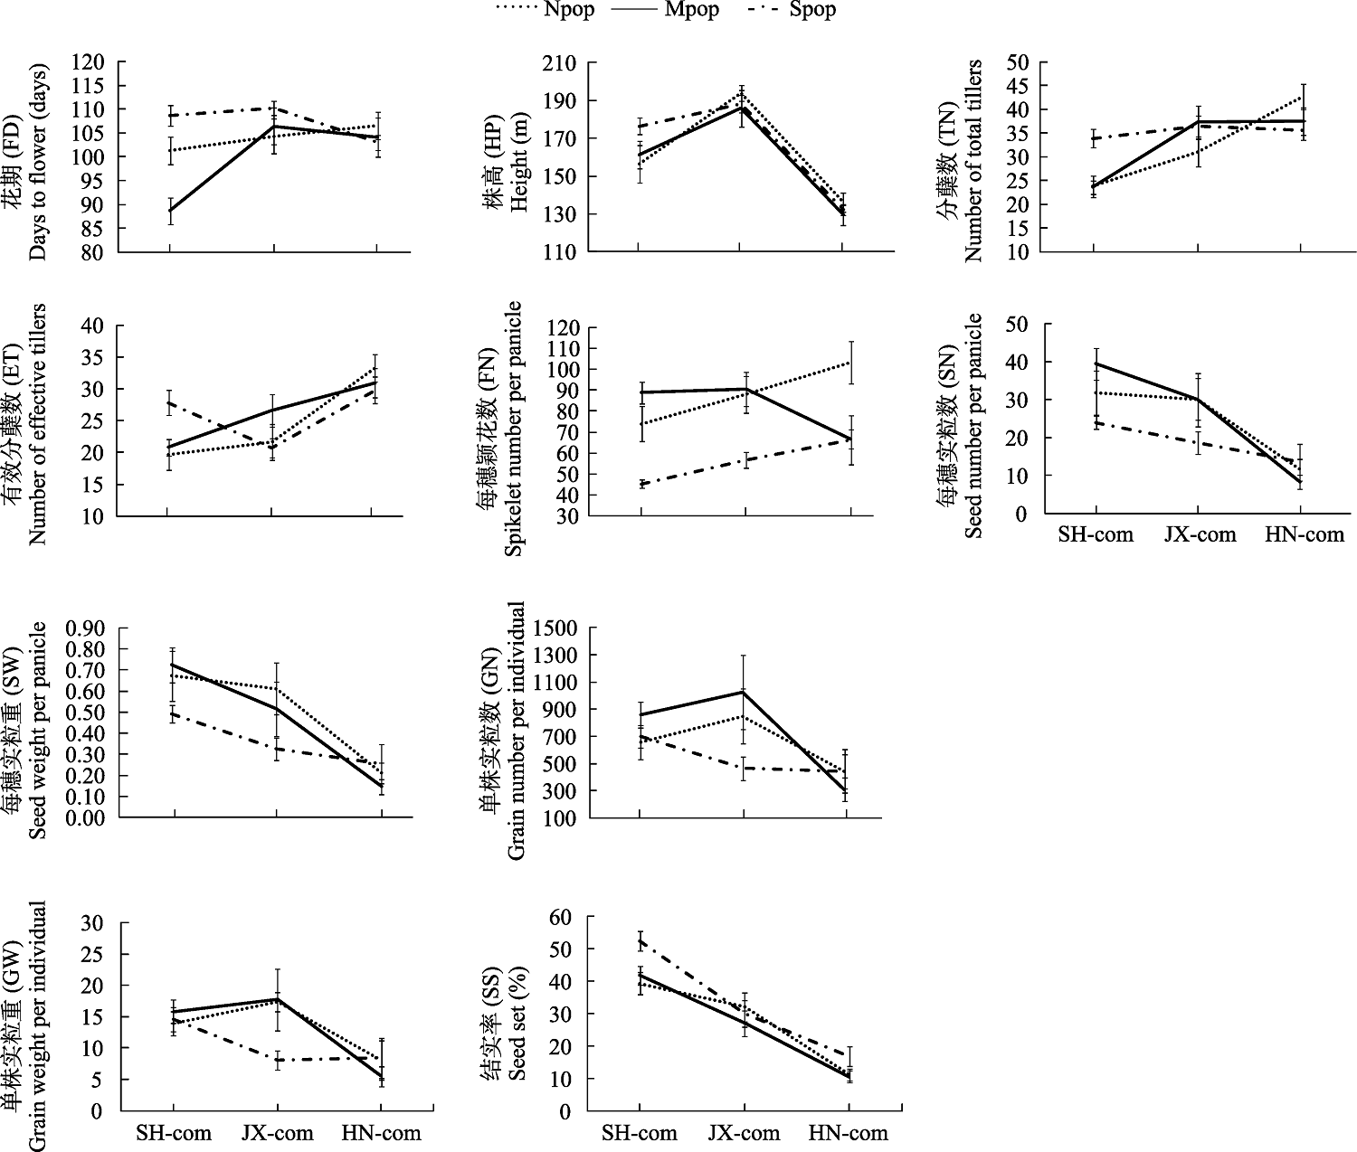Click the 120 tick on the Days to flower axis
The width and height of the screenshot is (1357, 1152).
tap(106, 62)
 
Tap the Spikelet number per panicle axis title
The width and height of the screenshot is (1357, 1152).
tap(513, 428)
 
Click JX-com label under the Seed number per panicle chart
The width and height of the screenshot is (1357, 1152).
tap(1200, 534)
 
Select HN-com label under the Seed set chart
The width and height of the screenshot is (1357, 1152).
tap(848, 1132)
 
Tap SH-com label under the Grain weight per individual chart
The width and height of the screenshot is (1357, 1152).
tap(174, 1132)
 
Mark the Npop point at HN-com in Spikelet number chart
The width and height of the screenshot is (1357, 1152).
tap(849, 363)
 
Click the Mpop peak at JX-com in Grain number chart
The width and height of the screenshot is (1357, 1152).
tap(744, 691)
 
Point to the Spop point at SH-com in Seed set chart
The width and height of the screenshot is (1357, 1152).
tap(640, 941)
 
